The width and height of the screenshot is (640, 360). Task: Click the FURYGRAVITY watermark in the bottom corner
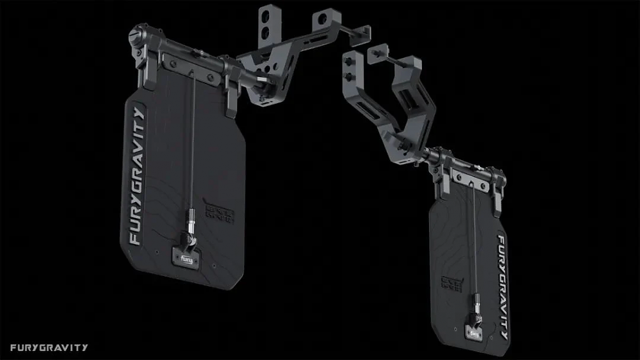coord(49,348)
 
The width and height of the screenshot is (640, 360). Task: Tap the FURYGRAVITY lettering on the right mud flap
coord(502,287)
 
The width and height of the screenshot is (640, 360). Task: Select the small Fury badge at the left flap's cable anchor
coord(186,259)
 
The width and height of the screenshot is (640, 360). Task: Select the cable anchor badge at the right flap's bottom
coord(475,331)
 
